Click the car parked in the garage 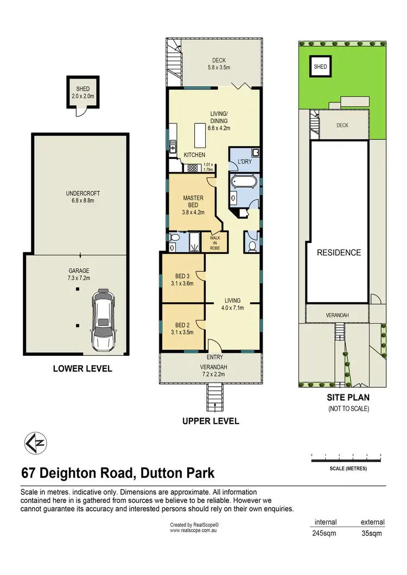104,320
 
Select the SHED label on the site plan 320,67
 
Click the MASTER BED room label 193,205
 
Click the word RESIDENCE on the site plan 339,252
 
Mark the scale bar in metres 346,461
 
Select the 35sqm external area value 372,533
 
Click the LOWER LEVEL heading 82,369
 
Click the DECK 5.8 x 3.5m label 219,64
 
